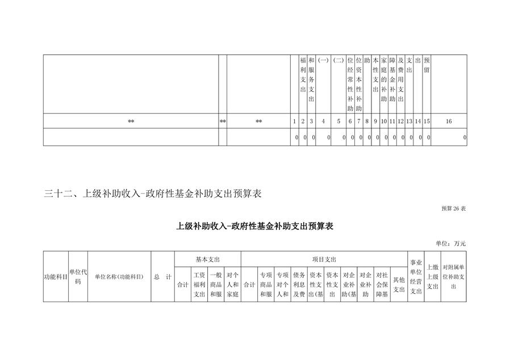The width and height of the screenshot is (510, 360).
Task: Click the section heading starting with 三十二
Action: click(153, 194)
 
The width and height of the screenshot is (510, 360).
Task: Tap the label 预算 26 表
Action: click(453, 208)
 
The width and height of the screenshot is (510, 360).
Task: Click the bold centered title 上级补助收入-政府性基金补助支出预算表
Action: click(254, 227)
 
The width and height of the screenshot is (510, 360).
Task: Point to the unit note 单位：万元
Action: click(451, 243)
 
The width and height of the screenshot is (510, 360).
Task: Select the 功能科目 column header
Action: click(56, 277)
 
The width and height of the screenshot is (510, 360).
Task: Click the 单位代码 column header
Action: click(78, 277)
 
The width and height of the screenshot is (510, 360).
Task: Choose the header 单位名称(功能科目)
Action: click(119, 277)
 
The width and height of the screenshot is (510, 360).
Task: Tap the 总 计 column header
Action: click(162, 277)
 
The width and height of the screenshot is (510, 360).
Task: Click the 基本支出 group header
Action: click(207, 259)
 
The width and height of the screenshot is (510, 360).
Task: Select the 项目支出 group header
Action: click(324, 259)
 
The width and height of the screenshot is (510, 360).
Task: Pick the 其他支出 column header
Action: click(399, 284)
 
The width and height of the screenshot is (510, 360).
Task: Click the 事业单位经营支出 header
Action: click(416, 277)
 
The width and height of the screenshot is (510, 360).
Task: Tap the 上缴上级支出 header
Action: click(433, 277)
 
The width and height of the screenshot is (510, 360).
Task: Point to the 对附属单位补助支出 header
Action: click(453, 277)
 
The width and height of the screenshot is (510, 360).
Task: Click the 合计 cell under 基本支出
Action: click(182, 285)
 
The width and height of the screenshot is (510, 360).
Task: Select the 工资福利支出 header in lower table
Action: click(199, 284)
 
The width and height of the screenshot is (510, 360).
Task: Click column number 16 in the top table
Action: click(449, 122)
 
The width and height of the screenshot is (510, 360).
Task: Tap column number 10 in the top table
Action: click(384, 122)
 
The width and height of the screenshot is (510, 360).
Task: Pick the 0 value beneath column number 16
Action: click(465, 137)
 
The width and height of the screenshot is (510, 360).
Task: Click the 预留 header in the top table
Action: click(427, 65)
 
